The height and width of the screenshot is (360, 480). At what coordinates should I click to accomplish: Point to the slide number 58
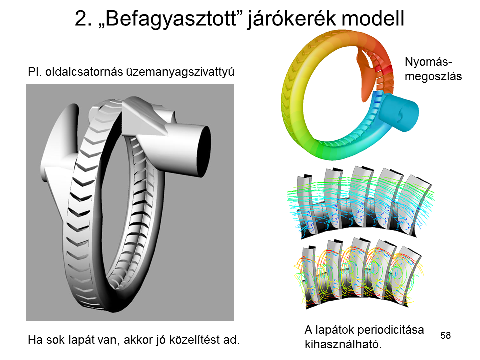tap(445, 335)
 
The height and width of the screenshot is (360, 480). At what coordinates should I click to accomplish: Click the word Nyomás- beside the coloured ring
tap(428, 62)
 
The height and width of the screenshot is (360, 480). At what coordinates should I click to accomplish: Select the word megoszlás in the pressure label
tap(433, 76)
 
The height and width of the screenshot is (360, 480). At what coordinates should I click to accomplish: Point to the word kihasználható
tap(343, 344)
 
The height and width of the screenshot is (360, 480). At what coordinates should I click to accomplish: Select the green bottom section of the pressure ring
tap(330, 150)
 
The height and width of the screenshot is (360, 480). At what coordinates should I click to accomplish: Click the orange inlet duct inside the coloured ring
tap(367, 76)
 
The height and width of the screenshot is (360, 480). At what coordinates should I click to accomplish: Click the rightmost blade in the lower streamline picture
tap(410, 275)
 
